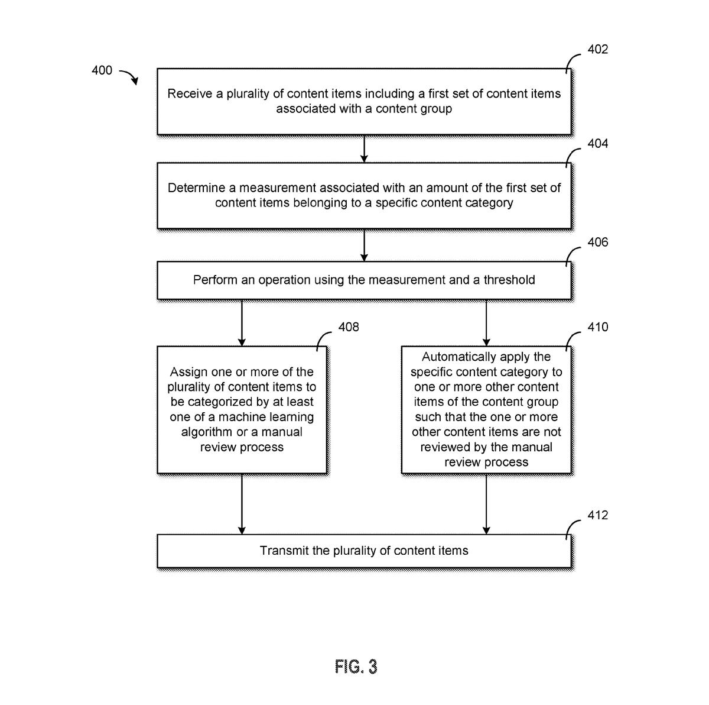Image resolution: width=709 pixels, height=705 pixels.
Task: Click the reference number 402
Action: (x=597, y=50)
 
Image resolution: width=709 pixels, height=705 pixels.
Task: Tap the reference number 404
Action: (x=597, y=144)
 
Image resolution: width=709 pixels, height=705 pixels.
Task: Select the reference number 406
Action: (x=597, y=242)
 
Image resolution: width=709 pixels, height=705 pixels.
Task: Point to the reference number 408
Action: (x=348, y=327)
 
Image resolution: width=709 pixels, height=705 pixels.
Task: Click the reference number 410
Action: (x=597, y=327)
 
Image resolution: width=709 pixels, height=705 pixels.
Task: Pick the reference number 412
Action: (x=597, y=515)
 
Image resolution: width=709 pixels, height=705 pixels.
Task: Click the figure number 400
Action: (x=102, y=70)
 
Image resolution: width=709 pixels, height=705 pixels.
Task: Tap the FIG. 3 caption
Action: (x=356, y=667)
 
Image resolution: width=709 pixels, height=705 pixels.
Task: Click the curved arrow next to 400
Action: (x=129, y=76)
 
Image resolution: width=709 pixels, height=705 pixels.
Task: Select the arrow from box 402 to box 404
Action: (x=364, y=148)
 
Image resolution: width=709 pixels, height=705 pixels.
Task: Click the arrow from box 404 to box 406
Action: (x=364, y=245)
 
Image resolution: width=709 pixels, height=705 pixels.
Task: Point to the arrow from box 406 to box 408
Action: (x=242, y=322)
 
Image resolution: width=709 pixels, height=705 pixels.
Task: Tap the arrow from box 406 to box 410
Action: (x=486, y=322)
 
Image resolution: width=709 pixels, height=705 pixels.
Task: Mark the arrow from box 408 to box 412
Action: (x=242, y=504)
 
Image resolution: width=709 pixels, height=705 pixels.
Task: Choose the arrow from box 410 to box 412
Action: (x=486, y=504)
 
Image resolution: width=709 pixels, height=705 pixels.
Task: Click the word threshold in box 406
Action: (x=509, y=280)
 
